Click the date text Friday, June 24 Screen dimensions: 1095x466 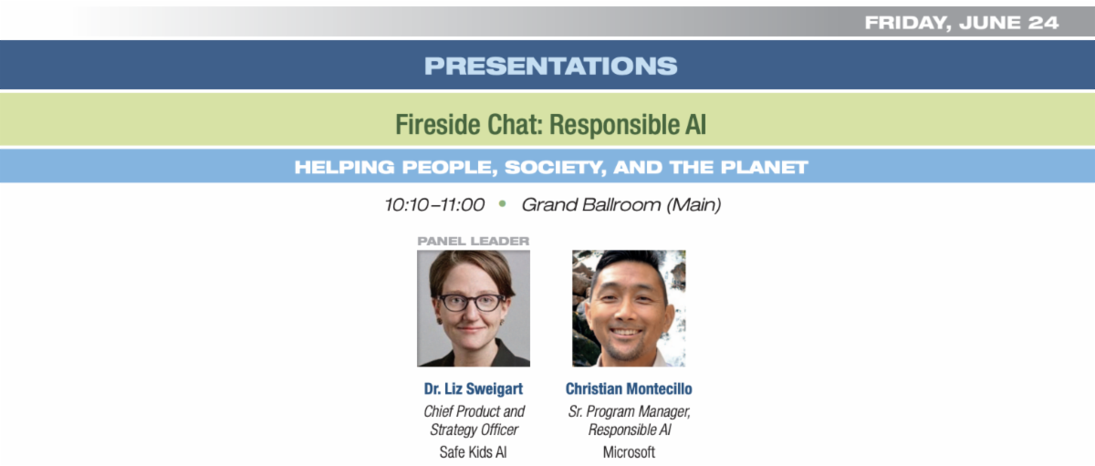[962, 23]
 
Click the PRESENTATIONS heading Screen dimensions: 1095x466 [550, 66]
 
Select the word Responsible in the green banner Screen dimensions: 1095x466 [614, 125]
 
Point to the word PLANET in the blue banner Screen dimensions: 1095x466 [764, 168]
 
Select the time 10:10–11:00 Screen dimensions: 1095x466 [434, 204]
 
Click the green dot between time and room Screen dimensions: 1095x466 [502, 203]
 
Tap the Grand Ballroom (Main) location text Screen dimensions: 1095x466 [620, 204]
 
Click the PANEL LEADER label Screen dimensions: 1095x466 [474, 241]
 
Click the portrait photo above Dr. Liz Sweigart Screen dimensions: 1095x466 [474, 308]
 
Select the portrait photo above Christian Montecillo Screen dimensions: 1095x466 [629, 308]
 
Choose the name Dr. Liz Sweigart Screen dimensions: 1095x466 [474, 388]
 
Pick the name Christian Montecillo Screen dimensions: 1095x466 [629, 388]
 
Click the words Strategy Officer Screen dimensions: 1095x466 [474, 430]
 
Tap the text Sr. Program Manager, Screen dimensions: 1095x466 [629, 412]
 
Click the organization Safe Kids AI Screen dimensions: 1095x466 [473, 452]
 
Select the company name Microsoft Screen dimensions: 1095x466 [629, 452]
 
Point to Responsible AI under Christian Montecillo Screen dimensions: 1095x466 [629, 430]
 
